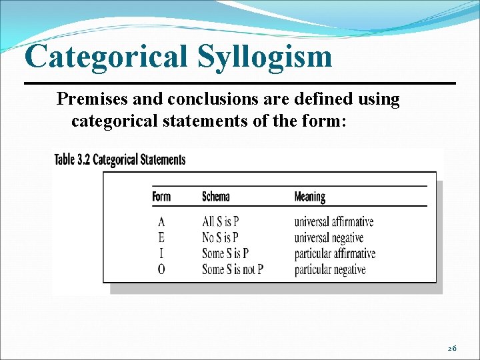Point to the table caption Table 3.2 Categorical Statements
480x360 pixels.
pos(120,159)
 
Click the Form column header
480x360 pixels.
pos(161,196)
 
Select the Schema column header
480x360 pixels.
pos(215,196)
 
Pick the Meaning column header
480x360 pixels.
pos(309,196)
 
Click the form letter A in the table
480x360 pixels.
pos(161,222)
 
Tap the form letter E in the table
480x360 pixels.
pos(161,238)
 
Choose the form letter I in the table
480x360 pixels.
pos(161,253)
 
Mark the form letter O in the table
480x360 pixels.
pos(161,269)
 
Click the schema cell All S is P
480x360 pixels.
pos(221,222)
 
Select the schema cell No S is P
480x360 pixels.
pos(220,238)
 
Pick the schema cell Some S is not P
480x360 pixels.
pos(233,269)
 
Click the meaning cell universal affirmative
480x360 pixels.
pos(333,222)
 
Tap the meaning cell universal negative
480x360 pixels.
pos(329,238)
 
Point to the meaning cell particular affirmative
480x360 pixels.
pos(335,253)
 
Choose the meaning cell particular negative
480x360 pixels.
pos(330,269)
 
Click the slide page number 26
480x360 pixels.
pos(451,348)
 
